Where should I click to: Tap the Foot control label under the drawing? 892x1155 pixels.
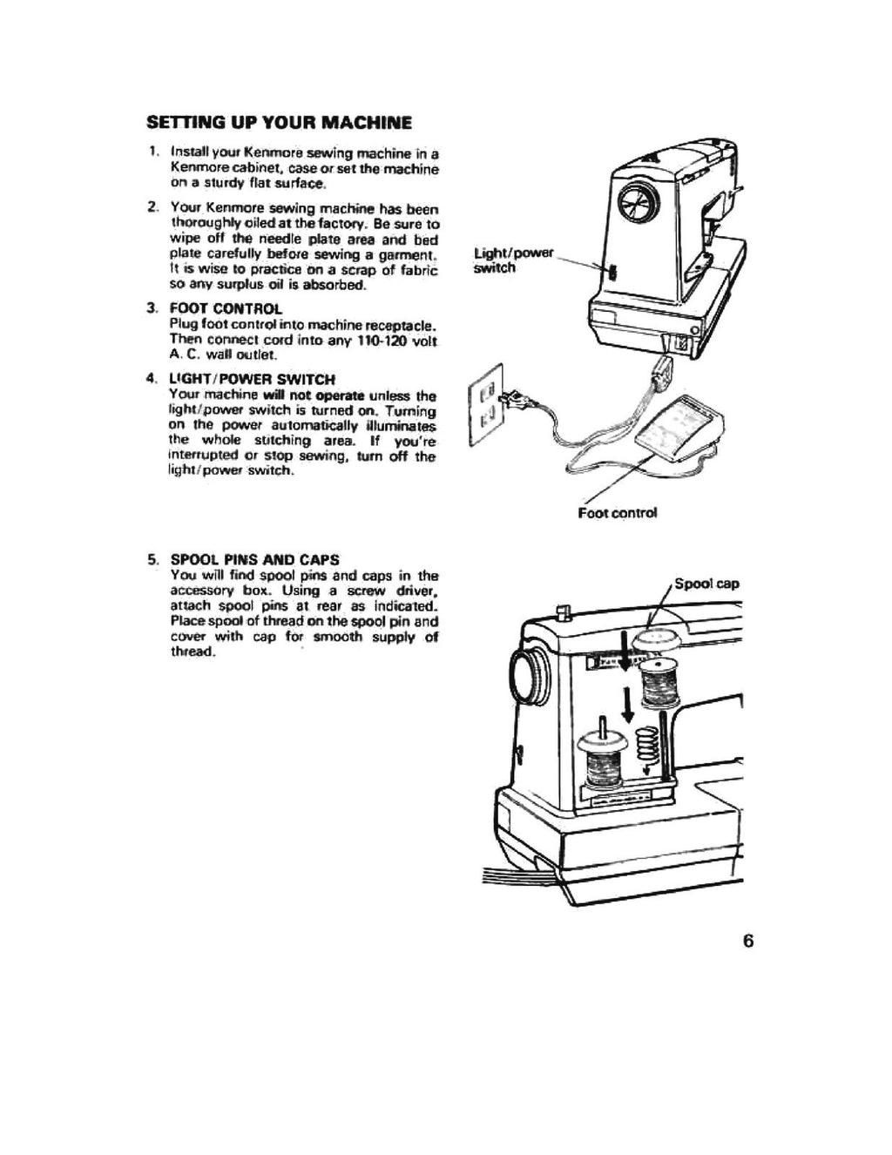[x=617, y=513]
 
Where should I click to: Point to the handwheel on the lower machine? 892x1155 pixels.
[x=530, y=674]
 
